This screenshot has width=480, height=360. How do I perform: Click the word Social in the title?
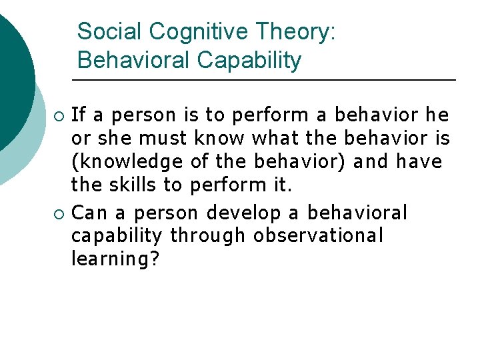[x=110, y=31]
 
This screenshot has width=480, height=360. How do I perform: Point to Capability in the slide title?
[x=249, y=60]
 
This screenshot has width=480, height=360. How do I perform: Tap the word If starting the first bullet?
[x=78, y=115]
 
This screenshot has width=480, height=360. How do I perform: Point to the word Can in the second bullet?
[x=87, y=213]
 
